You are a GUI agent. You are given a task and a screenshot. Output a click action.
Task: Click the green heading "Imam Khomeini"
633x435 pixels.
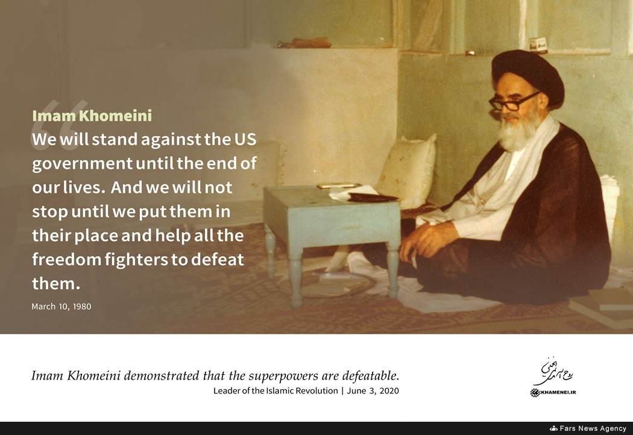tap(92, 116)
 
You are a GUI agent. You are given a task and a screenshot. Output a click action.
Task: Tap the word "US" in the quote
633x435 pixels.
tap(245, 139)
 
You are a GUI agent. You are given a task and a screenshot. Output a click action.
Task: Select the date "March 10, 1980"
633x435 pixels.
tap(61, 306)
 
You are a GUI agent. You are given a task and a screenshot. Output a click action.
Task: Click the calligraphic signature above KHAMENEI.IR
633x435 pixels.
tap(553, 371)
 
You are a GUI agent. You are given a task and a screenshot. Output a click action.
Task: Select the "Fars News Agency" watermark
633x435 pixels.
tap(593, 428)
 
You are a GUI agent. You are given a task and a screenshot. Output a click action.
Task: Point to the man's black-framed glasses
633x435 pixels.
tap(512, 102)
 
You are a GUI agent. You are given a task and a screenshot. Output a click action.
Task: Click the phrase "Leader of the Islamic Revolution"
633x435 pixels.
tap(276, 390)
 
